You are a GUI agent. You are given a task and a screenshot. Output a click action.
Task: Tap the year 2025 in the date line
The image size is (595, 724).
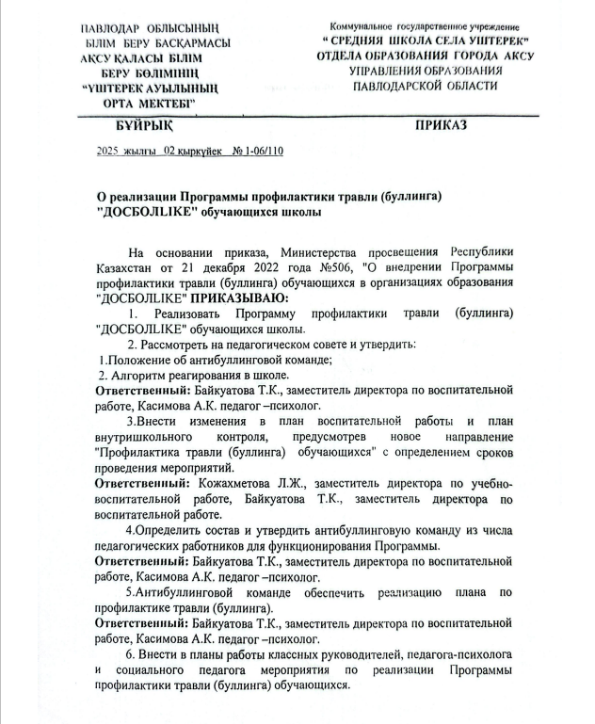tap(111, 151)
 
